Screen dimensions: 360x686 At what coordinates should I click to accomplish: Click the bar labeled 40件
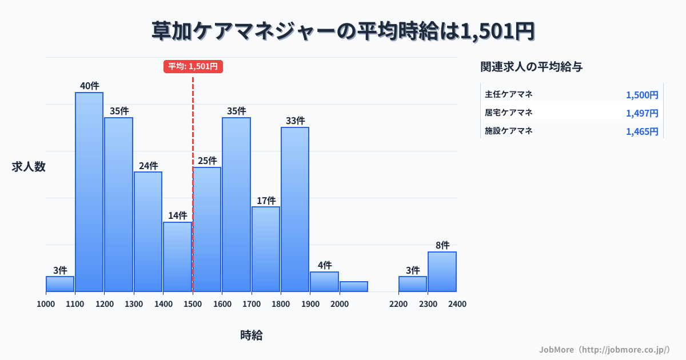89,191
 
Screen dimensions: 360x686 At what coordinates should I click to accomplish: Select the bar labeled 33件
295,209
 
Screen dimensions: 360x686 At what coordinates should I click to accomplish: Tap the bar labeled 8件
442,271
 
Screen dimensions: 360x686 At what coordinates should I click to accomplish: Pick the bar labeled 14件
177,257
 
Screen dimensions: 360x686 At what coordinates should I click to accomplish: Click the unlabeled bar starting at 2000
354,286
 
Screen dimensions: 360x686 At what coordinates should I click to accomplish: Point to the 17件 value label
266,201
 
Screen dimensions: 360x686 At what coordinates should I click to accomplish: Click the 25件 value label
207,161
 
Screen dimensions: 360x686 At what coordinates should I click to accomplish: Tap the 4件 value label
325,265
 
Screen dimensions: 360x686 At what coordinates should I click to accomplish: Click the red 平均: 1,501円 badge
193,66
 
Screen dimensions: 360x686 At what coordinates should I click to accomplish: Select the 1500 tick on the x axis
193,304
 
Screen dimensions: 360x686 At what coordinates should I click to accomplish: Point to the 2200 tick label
398,304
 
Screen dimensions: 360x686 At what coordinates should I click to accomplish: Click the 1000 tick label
46,304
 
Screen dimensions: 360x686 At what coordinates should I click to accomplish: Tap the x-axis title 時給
252,335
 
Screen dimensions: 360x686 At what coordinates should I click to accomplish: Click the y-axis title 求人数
29,167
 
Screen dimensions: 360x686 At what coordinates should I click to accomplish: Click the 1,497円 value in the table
642,113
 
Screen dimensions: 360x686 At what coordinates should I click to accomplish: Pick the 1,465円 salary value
642,131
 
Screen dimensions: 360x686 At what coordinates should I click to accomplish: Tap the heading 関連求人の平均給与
532,67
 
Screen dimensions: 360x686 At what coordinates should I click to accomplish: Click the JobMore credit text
604,349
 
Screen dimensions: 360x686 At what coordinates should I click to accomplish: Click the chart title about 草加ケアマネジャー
343,31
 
